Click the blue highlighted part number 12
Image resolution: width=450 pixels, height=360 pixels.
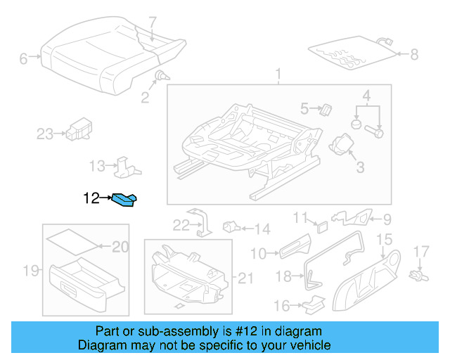[126, 202]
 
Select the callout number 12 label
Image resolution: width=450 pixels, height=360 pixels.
[91, 199]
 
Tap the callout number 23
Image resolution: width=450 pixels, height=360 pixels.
[45, 134]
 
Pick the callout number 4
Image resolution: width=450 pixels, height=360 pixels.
[366, 96]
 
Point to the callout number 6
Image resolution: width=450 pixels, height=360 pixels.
[24, 59]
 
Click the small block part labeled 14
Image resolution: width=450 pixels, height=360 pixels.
[231, 226]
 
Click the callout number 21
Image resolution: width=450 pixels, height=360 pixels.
[245, 278]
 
